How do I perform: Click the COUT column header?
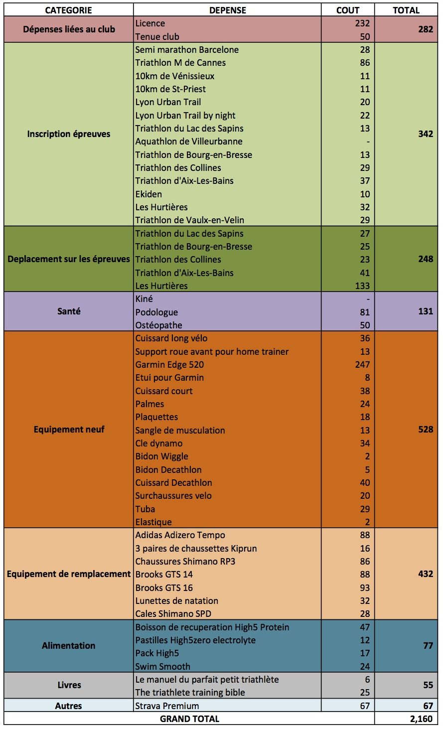tap(348, 10)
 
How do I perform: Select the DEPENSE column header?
tap(228, 10)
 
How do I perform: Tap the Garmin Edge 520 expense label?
tap(169, 364)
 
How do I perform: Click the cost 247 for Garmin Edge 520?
tap(362, 364)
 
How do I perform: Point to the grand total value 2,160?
tap(421, 719)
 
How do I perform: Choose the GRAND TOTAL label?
tap(189, 719)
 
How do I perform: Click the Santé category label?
tap(69, 311)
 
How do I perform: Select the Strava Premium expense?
tap(167, 706)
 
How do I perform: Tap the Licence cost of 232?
tap(362, 23)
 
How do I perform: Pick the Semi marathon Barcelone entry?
tap(187, 49)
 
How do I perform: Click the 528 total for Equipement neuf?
tap(426, 429)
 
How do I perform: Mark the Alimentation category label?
tap(69, 645)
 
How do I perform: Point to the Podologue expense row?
tap(156, 312)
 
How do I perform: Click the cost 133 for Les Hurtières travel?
tap(362, 286)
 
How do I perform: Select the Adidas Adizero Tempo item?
tap(180, 535)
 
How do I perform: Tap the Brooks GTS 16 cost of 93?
tap(365, 587)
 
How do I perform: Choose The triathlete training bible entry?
tap(190, 692)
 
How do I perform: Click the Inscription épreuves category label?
tap(69, 134)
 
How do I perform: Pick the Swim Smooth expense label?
tap(162, 666)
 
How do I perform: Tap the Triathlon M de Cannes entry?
tap(180, 62)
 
